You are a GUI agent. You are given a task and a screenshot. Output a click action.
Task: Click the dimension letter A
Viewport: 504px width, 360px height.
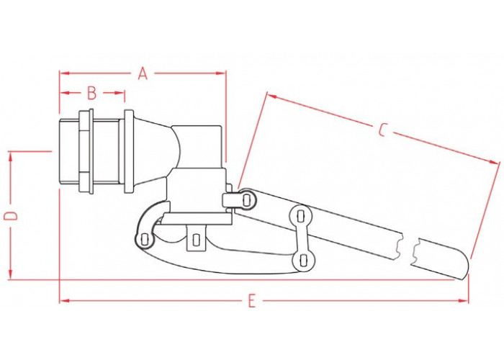pos(143,73)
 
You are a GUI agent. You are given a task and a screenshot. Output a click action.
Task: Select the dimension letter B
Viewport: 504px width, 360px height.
pos(92,93)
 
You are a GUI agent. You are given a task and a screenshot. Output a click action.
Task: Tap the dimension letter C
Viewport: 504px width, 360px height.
pos(382,129)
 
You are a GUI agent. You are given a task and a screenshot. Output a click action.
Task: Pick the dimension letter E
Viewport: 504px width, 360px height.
pos(252,301)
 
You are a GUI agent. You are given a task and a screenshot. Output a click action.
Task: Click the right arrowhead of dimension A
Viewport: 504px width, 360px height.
pos(221,73)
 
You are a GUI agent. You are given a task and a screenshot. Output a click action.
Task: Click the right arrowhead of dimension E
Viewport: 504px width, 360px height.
pos(463,301)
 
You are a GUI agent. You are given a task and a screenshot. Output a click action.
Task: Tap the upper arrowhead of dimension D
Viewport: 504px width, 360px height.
pos(11,157)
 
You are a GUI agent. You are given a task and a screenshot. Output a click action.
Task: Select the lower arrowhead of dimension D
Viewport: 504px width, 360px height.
pos(11,274)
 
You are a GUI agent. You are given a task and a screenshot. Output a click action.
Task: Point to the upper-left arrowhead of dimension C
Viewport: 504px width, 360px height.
pos(272,96)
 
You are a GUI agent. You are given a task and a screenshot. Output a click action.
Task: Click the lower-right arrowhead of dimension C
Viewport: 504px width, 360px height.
pos(495,162)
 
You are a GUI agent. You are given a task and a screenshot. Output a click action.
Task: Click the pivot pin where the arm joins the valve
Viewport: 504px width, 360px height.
pos(246,200)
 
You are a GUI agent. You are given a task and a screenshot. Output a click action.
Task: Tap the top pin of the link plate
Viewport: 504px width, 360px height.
pos(300,215)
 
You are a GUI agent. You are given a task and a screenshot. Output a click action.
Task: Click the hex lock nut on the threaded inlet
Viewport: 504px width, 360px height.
pos(86,152)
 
